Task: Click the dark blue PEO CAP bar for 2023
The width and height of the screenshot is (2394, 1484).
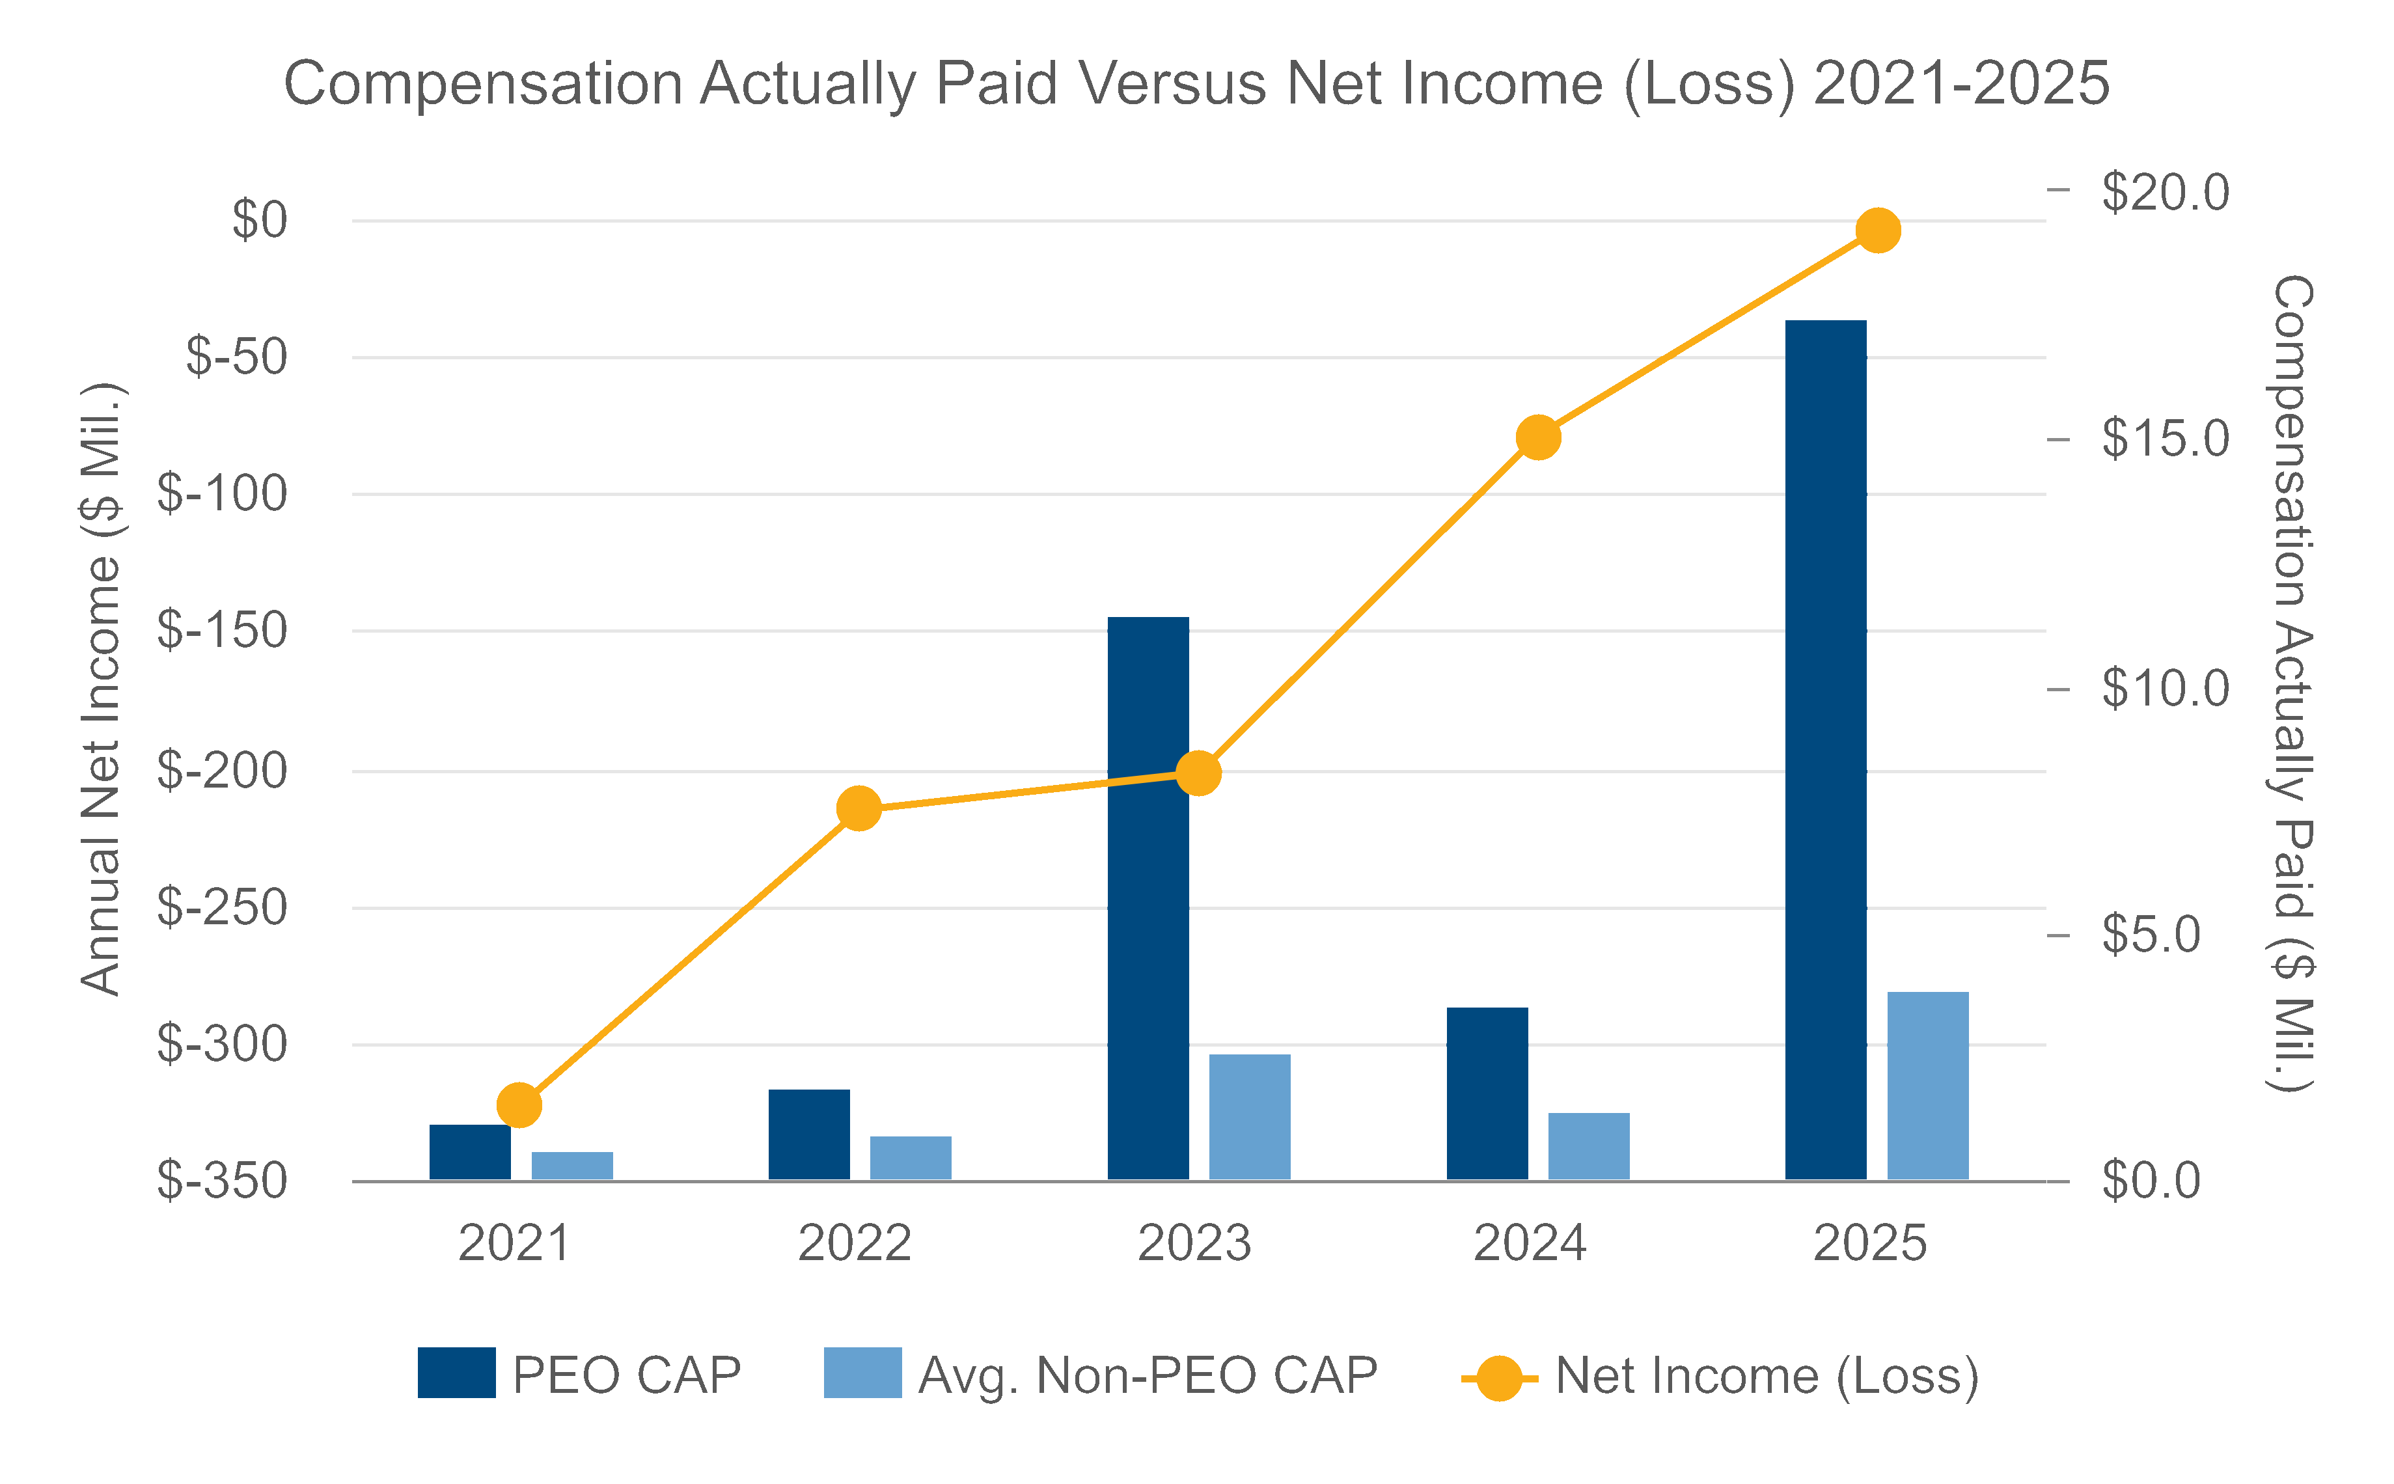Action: coord(1148,898)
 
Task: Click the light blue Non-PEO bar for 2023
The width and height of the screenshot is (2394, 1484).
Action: coord(1250,1117)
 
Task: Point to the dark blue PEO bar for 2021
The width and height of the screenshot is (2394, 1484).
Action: coord(469,1152)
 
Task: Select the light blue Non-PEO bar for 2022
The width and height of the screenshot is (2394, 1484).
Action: coord(910,1158)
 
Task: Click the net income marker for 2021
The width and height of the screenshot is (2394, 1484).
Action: coord(519,1106)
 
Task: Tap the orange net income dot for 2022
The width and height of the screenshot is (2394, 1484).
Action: coord(859,808)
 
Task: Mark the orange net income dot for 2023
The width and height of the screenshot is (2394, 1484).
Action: coord(1198,773)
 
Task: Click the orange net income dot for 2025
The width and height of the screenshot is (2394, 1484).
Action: coord(1878,230)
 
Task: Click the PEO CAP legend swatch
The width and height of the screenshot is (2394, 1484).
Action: coord(456,1373)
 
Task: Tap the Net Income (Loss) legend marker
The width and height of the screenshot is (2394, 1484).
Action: coord(1499,1378)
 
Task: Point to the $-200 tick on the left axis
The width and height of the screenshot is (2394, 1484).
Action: coord(222,771)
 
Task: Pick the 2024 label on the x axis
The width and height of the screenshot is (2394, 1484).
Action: coord(1529,1244)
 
